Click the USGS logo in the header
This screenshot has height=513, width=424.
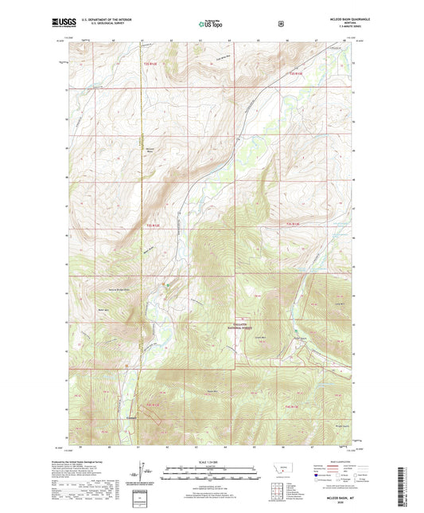pos(64,23)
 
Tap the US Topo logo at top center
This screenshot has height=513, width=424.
pos(211,24)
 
